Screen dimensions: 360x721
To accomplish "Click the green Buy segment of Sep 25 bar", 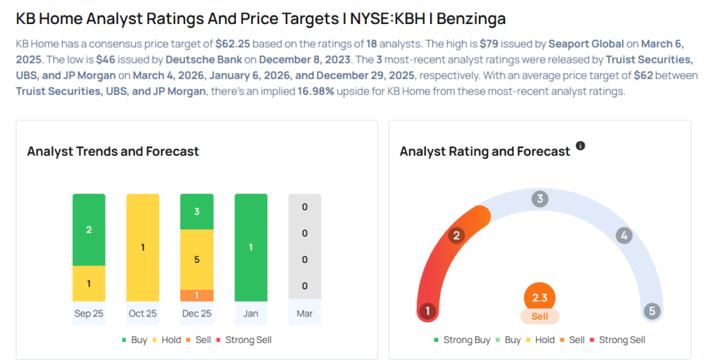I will click(x=89, y=230).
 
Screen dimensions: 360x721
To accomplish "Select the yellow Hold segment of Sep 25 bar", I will click(x=89, y=283).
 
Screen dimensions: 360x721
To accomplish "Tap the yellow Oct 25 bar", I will click(x=142, y=247).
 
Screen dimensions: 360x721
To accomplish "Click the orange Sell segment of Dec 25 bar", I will click(x=196, y=295).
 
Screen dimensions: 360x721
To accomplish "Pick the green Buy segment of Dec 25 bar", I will click(x=196, y=211).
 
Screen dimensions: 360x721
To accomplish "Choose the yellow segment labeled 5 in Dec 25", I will click(x=196, y=259).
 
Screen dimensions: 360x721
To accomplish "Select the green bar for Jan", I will click(x=251, y=247).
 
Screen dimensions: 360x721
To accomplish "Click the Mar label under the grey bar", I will click(x=305, y=313).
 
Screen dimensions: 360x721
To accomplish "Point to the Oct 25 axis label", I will click(x=142, y=313).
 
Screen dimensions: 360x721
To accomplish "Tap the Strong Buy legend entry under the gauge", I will click(x=462, y=340).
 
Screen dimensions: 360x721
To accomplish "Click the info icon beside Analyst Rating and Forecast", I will click(x=580, y=146).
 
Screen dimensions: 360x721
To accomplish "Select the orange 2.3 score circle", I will click(x=540, y=298).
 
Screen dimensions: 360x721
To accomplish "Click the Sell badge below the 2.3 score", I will click(x=540, y=316).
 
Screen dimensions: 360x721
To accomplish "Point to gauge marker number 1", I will click(x=427, y=311).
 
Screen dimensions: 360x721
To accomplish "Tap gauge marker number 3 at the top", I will click(x=540, y=199).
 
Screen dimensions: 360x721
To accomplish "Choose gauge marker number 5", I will click(x=652, y=311).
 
